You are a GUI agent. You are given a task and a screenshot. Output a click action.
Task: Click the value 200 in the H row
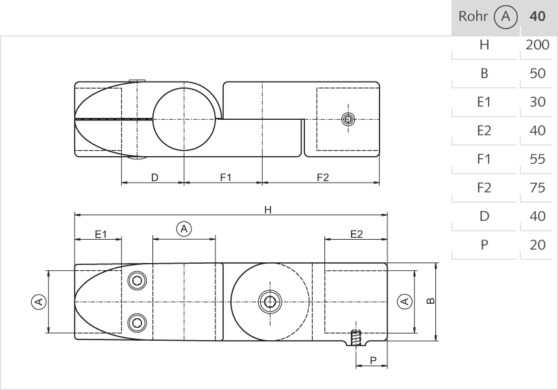[x=538, y=45]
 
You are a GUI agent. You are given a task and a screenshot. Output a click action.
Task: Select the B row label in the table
[x=483, y=74]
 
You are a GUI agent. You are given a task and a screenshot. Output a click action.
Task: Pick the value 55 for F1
[x=537, y=159]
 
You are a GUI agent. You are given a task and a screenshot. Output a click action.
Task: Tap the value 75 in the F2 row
[x=537, y=188]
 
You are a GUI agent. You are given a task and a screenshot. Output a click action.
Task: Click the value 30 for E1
[x=537, y=102]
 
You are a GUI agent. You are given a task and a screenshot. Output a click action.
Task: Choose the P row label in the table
[x=483, y=245]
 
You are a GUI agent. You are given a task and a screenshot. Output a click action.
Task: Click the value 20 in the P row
[x=537, y=245]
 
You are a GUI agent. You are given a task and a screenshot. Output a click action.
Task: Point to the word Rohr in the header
[x=471, y=17]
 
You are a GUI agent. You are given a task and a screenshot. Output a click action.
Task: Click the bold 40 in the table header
[x=537, y=17]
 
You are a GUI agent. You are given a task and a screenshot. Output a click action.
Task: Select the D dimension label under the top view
[x=154, y=178]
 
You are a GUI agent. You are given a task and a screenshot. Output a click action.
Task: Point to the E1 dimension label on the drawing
[x=101, y=234]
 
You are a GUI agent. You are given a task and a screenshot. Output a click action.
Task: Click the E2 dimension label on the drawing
[x=356, y=234]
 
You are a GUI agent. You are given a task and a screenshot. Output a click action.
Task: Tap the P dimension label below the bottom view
[x=373, y=359]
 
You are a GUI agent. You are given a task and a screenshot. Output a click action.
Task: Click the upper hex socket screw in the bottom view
[x=137, y=281]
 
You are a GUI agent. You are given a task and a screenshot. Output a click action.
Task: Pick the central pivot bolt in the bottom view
[x=270, y=301]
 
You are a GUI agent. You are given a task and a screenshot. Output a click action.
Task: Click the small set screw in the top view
[x=348, y=119]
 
